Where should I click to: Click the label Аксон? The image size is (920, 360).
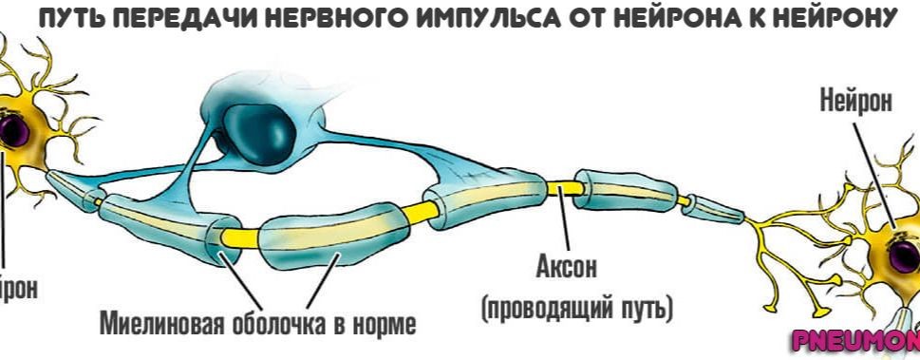pos(567,268)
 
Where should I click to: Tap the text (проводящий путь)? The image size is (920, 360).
pos(577,309)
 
